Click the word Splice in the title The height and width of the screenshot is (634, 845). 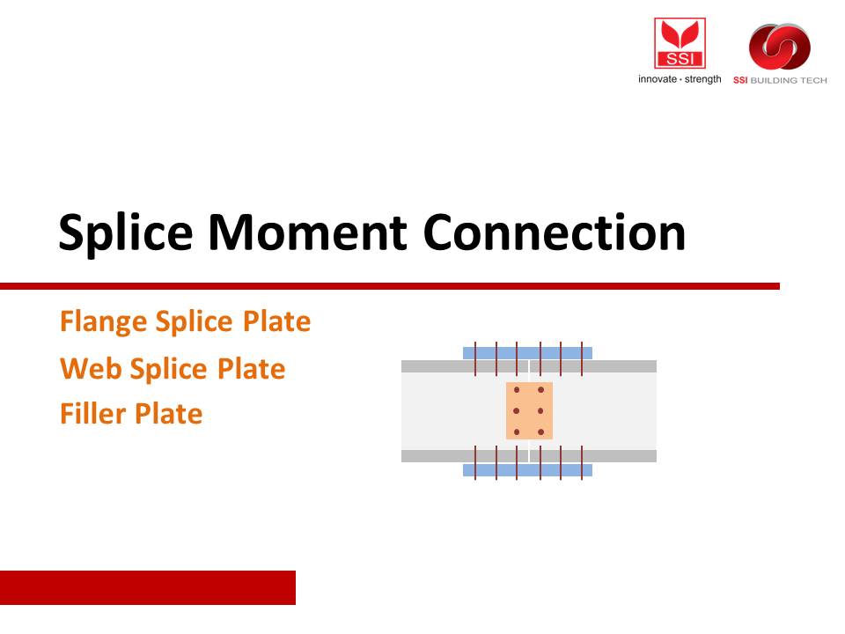click(x=126, y=232)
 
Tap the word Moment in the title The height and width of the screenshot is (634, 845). click(x=307, y=232)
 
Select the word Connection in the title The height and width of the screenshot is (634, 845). click(x=554, y=232)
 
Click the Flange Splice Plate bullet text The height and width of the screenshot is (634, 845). click(x=185, y=322)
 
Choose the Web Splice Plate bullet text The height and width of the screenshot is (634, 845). click(x=173, y=369)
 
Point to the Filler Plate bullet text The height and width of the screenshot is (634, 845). click(x=131, y=414)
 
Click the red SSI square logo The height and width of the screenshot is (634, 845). click(x=680, y=43)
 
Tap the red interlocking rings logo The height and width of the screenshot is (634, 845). click(x=780, y=47)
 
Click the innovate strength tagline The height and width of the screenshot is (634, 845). click(x=680, y=79)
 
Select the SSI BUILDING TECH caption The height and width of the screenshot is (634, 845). click(x=780, y=80)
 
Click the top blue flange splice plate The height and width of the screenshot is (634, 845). click(x=527, y=353)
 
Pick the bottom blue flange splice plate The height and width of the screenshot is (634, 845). click(x=527, y=470)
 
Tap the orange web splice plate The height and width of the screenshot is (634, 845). click(x=529, y=411)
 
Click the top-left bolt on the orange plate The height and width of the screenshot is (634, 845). click(x=517, y=390)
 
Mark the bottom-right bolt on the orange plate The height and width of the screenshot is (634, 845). click(x=541, y=431)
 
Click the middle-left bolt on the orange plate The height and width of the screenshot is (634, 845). click(x=517, y=411)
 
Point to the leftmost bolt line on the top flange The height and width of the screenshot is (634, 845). click(x=475, y=358)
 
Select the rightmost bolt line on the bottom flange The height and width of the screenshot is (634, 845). click(x=582, y=462)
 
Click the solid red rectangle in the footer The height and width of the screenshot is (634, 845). click(x=148, y=587)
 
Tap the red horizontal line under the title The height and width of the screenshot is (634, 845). click(x=390, y=285)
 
